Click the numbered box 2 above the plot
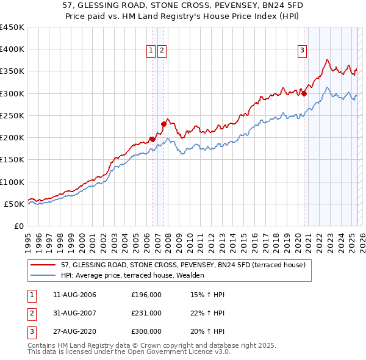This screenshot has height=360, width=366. pyautogui.click(x=162, y=51)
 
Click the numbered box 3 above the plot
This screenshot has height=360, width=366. pyautogui.click(x=303, y=51)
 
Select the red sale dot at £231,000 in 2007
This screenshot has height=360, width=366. pyautogui.click(x=163, y=124)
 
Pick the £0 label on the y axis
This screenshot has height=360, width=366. pyautogui.click(x=18, y=226)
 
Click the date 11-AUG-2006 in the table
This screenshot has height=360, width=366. pyautogui.click(x=74, y=295)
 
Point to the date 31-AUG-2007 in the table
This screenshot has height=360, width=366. pyautogui.click(x=74, y=313)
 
